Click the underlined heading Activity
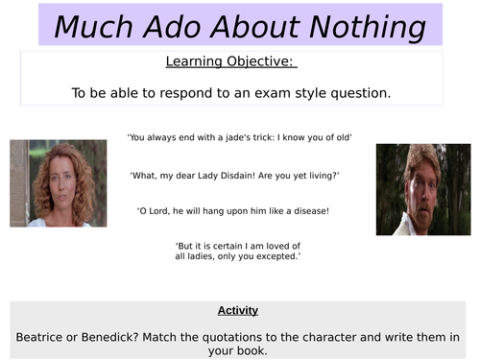pyautogui.click(x=239, y=311)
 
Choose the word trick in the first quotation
pyautogui.click(x=266, y=138)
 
